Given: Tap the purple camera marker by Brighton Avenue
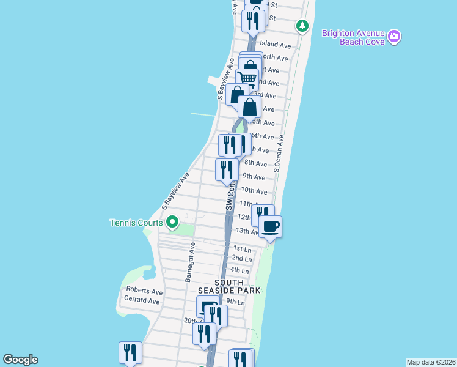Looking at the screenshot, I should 395,37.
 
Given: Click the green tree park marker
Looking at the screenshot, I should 302,26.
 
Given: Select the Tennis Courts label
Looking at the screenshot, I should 136,223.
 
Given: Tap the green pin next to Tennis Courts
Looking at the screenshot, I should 172,222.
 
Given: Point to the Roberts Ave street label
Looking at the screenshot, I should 144,291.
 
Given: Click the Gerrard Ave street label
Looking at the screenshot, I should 142,301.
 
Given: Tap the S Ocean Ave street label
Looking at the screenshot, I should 279,154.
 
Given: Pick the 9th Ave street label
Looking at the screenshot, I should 254,177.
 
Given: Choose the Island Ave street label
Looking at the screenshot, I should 275,45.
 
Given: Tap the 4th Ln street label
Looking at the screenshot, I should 240,270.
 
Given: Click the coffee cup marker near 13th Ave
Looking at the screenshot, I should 270,228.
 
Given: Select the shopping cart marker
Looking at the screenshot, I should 247,78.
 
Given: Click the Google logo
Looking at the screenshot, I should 20,360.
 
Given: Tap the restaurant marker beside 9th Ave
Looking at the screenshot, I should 227,169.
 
